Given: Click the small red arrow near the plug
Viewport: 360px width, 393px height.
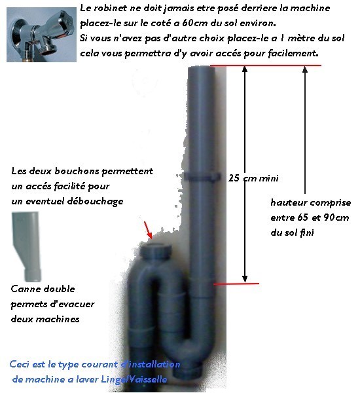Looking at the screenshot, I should tap(149, 230).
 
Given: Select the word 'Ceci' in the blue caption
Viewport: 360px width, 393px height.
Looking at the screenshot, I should tap(21, 365).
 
